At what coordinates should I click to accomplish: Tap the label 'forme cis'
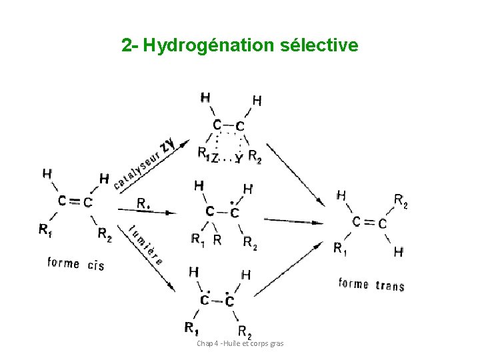pos(76,263)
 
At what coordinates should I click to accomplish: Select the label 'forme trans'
pos(371,285)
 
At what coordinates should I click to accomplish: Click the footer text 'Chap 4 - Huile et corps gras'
pos(240,343)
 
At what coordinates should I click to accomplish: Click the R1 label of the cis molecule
pos(45,230)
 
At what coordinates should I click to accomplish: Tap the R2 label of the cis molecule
pos(105,233)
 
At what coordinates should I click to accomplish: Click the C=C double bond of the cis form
pos(75,201)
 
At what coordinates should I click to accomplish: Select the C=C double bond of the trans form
pos(369,222)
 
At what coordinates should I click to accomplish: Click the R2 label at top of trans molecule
pos(401,200)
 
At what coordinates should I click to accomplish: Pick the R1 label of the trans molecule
pos(340,249)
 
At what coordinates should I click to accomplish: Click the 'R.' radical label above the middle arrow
pos(143,202)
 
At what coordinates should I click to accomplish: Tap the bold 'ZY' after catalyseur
pos(169,144)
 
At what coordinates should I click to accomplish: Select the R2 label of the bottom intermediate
pos(245,331)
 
